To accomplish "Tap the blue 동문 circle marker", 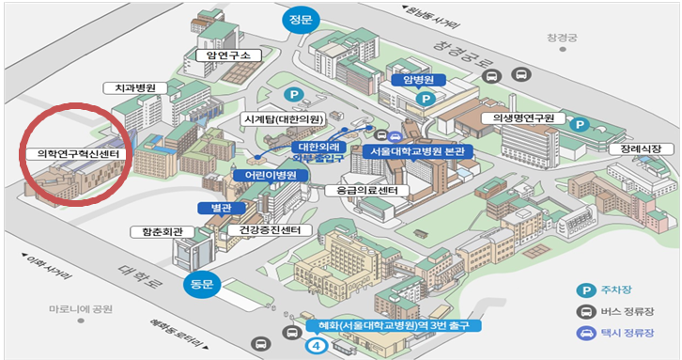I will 203,281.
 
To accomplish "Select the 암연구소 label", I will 223,55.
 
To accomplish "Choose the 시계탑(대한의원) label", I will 283,118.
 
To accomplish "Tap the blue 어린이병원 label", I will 266,175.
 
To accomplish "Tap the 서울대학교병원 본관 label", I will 417,150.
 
